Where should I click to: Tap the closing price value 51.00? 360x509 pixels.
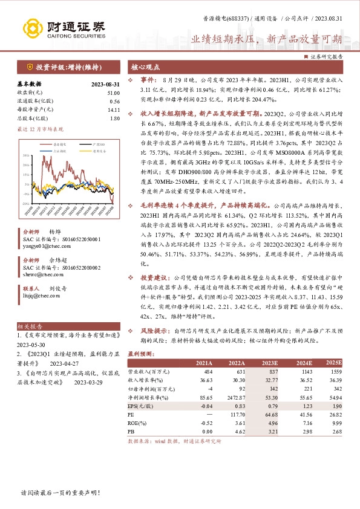(113, 92)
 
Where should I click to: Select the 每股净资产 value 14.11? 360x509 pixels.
(113, 109)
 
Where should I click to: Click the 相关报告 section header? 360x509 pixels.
(28, 326)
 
